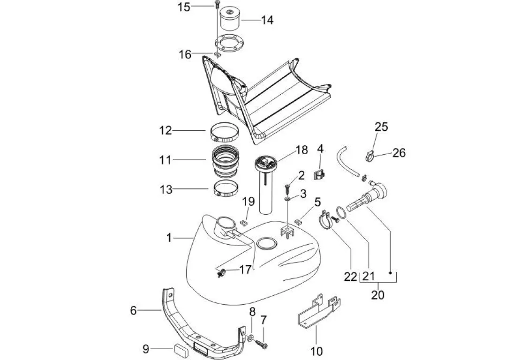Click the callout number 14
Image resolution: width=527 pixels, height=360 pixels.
click(x=267, y=20)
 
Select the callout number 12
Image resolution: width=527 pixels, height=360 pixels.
click(x=166, y=130)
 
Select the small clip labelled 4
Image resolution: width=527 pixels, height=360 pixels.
click(x=319, y=175)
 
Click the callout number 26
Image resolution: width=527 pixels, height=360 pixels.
click(x=399, y=153)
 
